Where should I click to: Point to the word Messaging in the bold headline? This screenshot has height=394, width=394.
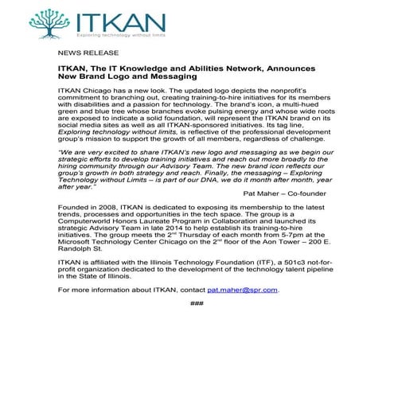coord(166,77)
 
